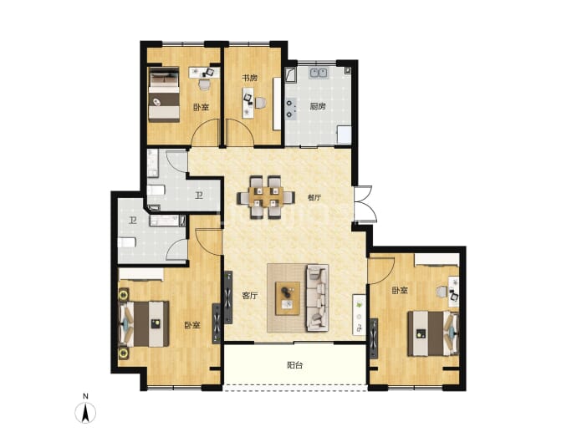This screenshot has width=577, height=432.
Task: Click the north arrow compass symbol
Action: pyautogui.click(x=85, y=412)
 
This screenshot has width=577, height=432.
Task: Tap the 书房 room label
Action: pyautogui.click(x=249, y=78)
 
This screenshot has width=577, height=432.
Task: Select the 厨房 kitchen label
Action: pyautogui.click(x=317, y=106)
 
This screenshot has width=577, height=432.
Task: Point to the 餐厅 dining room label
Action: pyautogui.click(x=314, y=197)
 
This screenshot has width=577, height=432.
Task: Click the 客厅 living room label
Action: pyautogui.click(x=250, y=295)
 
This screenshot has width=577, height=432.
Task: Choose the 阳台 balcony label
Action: pyautogui.click(x=294, y=365)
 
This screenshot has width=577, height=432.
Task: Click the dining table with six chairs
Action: pyautogui.click(x=266, y=197)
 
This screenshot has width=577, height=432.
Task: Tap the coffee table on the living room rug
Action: pyautogui.click(x=288, y=297)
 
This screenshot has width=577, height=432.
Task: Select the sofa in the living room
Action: pyautogui.click(x=316, y=297)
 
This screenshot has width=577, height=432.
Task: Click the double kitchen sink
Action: pyautogui.click(x=319, y=73)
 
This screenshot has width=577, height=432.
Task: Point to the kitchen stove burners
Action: pyautogui.click(x=291, y=109)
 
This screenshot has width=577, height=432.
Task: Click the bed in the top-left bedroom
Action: pyautogui.click(x=164, y=94)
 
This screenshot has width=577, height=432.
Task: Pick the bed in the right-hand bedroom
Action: pyautogui.click(x=433, y=333)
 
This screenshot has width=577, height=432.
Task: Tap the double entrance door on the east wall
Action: pyautogui.click(x=365, y=204)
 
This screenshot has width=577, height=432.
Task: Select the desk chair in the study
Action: pyautogui.click(x=261, y=103)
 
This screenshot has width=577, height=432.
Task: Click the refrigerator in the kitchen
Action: pyautogui.click(x=345, y=135)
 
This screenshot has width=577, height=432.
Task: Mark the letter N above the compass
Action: pyautogui.click(x=85, y=396)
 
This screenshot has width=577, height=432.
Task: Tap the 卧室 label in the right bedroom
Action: pyautogui.click(x=399, y=291)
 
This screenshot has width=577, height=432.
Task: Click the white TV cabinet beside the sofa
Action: pyautogui.click(x=359, y=314)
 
